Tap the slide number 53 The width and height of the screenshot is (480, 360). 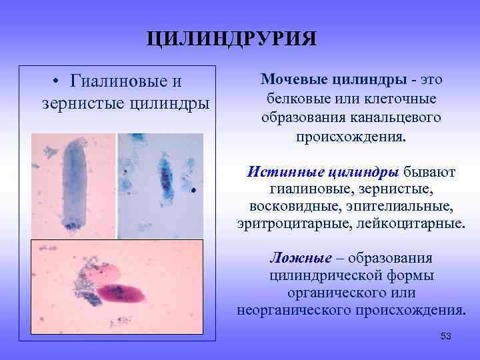446,337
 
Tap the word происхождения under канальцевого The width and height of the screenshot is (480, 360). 351,137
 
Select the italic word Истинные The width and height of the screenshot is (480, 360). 286,172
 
